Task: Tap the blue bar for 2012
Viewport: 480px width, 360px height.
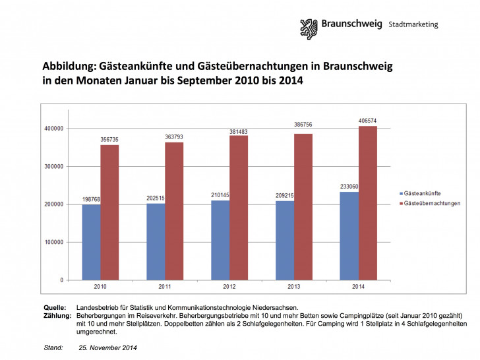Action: [x=220, y=239]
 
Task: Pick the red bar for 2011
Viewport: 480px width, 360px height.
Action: [x=174, y=211]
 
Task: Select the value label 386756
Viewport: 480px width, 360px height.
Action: [x=303, y=124]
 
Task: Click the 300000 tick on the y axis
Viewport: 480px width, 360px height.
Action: [x=55, y=166]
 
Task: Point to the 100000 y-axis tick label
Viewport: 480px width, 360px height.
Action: [x=55, y=242]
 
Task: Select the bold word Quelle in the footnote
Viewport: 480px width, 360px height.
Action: [x=54, y=308]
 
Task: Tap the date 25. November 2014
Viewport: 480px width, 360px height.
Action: [x=108, y=347]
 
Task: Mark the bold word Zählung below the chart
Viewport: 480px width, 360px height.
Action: [x=57, y=316]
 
